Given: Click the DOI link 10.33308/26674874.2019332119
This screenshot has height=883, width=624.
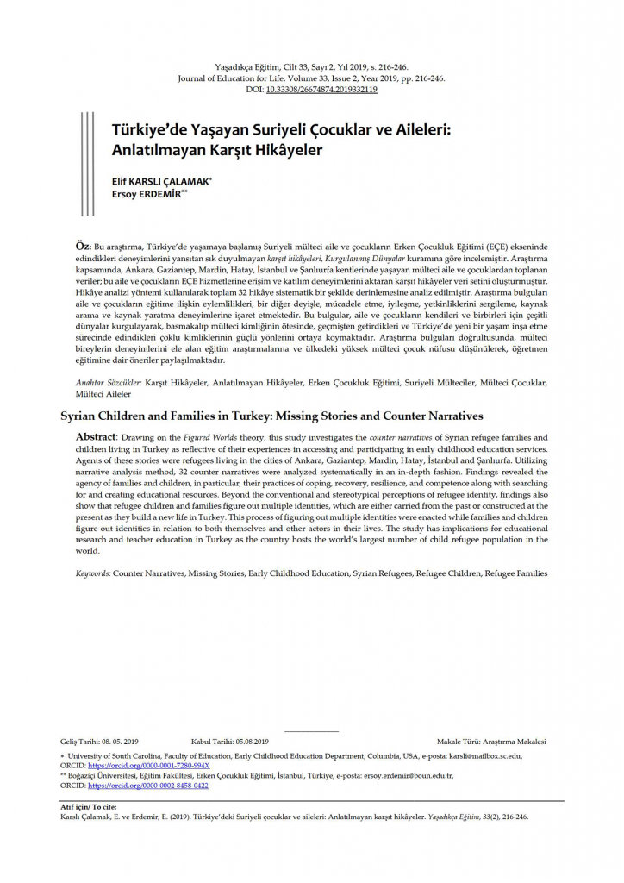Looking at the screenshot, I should tap(322, 89).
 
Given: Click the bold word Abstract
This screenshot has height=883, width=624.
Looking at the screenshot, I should tap(96, 437).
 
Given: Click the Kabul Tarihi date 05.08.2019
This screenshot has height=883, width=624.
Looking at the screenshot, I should tap(250, 741).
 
